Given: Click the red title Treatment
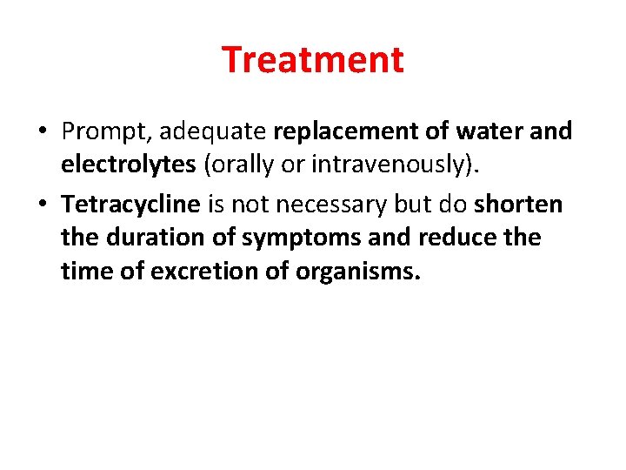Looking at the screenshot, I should pos(313,60).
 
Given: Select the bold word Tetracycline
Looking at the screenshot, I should pos(131,205).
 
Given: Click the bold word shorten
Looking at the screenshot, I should pos(519,204).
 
